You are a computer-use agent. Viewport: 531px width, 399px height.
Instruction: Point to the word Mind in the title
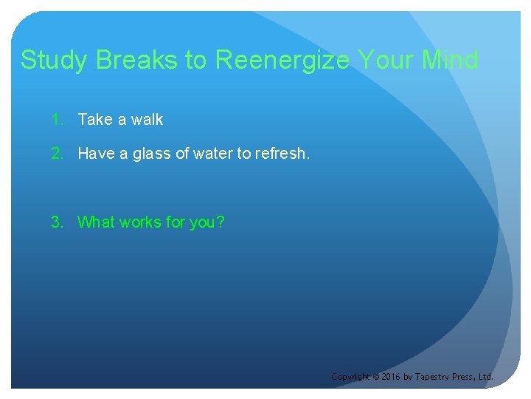[x=450, y=61]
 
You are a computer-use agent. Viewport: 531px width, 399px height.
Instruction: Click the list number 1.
[x=56, y=120]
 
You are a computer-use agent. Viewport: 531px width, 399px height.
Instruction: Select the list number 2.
[x=56, y=154]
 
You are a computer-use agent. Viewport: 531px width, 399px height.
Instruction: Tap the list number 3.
[x=56, y=222]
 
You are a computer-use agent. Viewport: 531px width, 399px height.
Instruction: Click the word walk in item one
[x=147, y=120]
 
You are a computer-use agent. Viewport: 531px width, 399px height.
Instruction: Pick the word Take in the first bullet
[x=94, y=120]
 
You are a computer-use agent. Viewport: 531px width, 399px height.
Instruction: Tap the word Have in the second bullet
[x=95, y=154]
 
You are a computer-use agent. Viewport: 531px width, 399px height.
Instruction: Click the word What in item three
[x=96, y=222]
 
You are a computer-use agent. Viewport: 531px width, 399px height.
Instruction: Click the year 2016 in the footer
[x=390, y=377]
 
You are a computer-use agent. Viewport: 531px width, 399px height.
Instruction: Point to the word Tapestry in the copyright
[x=431, y=377]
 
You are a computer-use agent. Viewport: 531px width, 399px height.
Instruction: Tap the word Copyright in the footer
[x=350, y=377]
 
